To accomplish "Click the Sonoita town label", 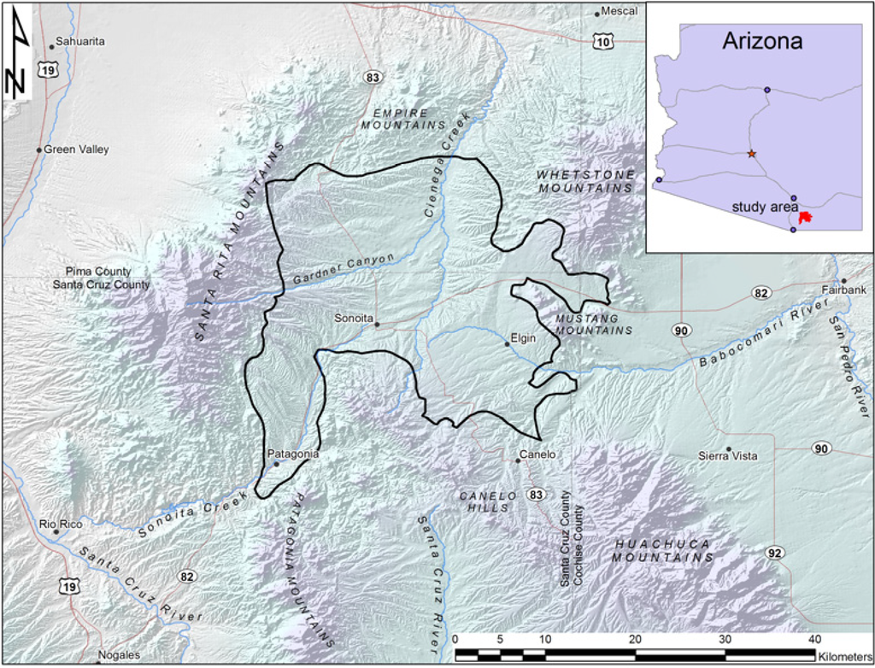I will [x=354, y=318].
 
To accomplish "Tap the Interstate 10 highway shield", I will [x=604, y=41].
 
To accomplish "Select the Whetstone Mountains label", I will [x=586, y=181].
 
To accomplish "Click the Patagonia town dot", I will [x=276, y=465].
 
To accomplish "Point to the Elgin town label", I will [x=523, y=338].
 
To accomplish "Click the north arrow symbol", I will [x=17, y=57].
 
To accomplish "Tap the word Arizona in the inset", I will [x=762, y=40].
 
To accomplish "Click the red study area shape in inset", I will [x=804, y=219].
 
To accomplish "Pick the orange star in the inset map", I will [x=751, y=154].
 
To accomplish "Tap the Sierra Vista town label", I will [x=727, y=456].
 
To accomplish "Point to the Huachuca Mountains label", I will [x=662, y=551].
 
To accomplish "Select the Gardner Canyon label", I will [x=344, y=270].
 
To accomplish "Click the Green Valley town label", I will [x=76, y=149].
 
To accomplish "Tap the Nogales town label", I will [x=119, y=655].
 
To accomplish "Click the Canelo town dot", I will [x=518, y=461].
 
